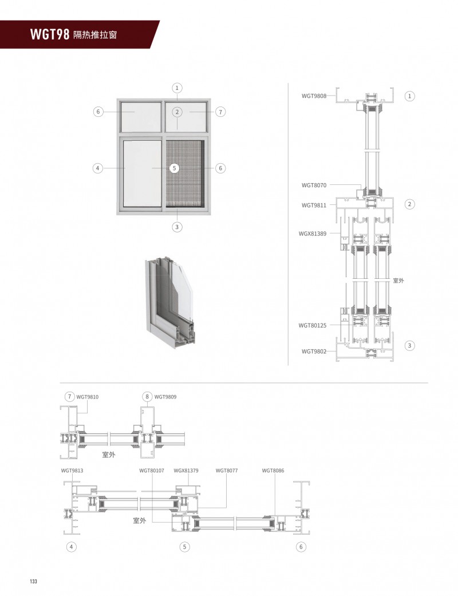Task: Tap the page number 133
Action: point(33,581)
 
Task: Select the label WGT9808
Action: point(314,96)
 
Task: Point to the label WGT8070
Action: point(314,185)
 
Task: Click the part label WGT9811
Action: point(314,204)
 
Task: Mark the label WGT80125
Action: point(312,325)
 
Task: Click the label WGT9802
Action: point(314,351)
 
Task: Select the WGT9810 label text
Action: point(88,396)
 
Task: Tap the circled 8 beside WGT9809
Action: point(147,396)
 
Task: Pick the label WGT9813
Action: point(72,471)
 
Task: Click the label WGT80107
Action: point(152,471)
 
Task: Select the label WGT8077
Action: point(226,471)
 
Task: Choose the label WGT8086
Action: point(273,471)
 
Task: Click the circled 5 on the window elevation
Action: point(175,168)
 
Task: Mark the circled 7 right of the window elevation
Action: point(221,112)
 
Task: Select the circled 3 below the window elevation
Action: point(177,227)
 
